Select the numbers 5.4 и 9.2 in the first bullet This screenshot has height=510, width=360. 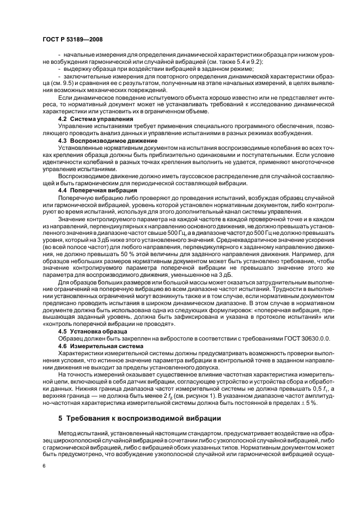pos(233,77)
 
